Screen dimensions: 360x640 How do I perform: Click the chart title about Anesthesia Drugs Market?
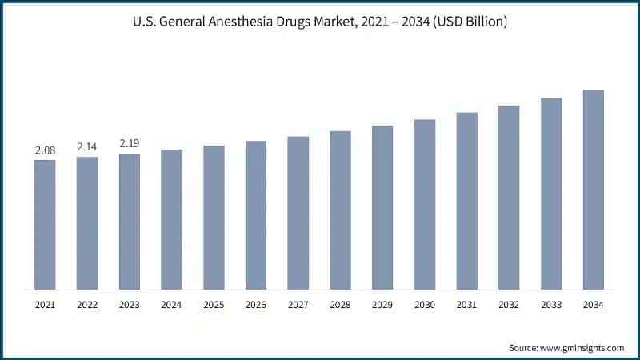click(320, 22)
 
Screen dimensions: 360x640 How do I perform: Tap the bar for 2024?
click(171, 219)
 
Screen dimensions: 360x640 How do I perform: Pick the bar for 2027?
click(298, 213)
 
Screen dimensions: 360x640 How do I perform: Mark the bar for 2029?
click(382, 207)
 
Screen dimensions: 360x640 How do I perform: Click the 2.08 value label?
click(45, 150)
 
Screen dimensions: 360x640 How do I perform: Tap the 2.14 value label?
click(87, 146)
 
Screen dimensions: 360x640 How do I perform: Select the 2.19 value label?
click(130, 143)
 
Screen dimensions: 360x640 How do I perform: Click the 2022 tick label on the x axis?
click(87, 305)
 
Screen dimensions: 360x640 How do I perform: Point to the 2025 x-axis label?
click(214, 305)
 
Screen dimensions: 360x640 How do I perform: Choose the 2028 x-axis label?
click(340, 305)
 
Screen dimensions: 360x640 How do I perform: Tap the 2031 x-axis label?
click(466, 305)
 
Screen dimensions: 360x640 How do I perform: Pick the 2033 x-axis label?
click(551, 305)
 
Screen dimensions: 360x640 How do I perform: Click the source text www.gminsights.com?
click(566, 347)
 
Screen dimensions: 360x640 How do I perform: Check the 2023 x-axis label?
click(130, 305)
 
